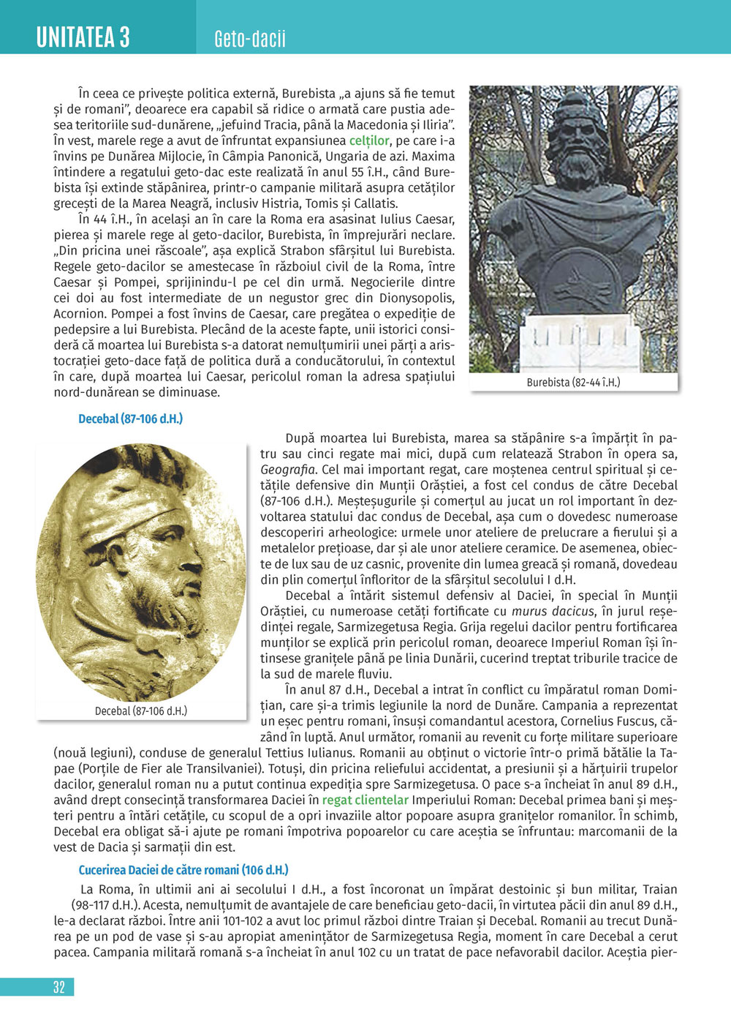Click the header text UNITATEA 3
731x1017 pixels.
pos(83,36)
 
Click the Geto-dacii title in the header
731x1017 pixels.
pos(250,39)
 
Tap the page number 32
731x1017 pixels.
pos(59,987)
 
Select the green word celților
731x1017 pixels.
pos(369,140)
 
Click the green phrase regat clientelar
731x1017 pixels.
pos(365,800)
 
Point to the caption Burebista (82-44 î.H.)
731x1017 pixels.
pos(573,382)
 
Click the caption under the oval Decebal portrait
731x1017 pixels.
pos(141,710)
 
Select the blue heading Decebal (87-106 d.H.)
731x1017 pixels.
pos(130,419)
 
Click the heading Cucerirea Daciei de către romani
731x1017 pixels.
pos(183,870)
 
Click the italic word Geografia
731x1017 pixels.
pos(288,470)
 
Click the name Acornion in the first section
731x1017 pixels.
pos(80,314)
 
